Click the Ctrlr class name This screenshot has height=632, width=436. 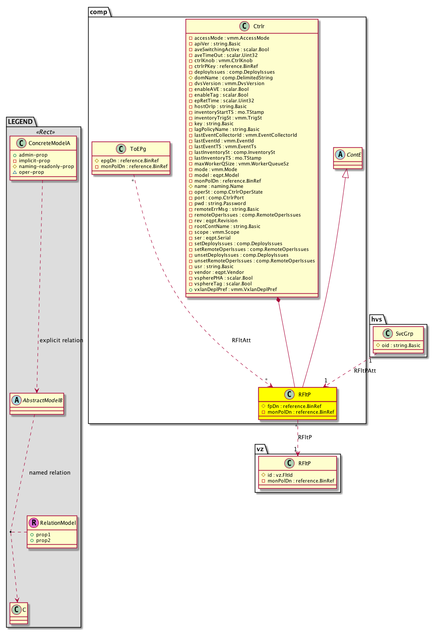(x=259, y=26)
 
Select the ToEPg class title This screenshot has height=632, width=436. (x=138, y=149)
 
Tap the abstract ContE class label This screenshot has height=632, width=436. (x=354, y=155)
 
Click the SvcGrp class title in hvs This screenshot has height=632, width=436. (x=404, y=334)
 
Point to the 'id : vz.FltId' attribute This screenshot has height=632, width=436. (x=280, y=475)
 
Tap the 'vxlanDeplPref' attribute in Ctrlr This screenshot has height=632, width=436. (x=235, y=290)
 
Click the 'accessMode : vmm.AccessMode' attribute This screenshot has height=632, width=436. (x=231, y=38)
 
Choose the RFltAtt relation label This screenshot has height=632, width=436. (x=241, y=340)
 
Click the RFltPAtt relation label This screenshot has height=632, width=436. (x=365, y=371)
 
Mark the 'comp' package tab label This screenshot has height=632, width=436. (x=98, y=12)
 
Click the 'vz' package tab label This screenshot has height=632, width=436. (x=260, y=449)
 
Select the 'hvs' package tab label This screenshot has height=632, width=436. (x=376, y=319)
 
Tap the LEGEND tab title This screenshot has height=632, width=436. (x=20, y=122)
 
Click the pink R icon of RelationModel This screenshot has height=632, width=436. (x=34, y=523)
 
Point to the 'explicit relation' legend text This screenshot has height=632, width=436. (x=61, y=340)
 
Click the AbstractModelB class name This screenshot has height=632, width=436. (x=42, y=400)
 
